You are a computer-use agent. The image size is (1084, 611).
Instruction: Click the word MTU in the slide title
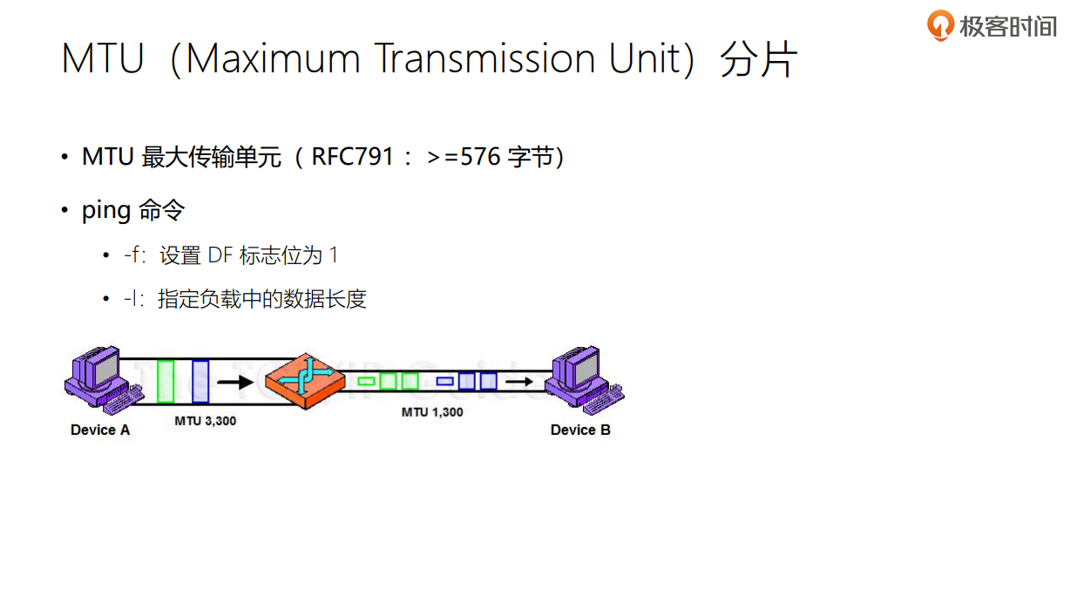pyautogui.click(x=102, y=59)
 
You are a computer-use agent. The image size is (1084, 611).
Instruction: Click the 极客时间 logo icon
pyautogui.click(x=940, y=25)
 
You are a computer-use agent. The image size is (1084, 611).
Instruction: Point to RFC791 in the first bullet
pyautogui.click(x=353, y=158)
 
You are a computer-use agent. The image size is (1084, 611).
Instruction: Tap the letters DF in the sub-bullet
pyautogui.click(x=220, y=255)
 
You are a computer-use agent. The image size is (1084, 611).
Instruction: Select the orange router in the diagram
pyautogui.click(x=305, y=381)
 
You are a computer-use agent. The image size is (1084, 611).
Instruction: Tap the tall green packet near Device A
pyautogui.click(x=166, y=381)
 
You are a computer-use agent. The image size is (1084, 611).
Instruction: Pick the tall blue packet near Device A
pyautogui.click(x=200, y=381)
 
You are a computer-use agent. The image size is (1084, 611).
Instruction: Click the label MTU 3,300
pyautogui.click(x=205, y=421)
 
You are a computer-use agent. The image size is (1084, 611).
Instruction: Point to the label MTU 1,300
pyautogui.click(x=432, y=411)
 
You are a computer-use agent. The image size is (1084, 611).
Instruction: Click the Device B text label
pyautogui.click(x=580, y=430)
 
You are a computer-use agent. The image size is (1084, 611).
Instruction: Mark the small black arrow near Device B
pyautogui.click(x=520, y=381)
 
